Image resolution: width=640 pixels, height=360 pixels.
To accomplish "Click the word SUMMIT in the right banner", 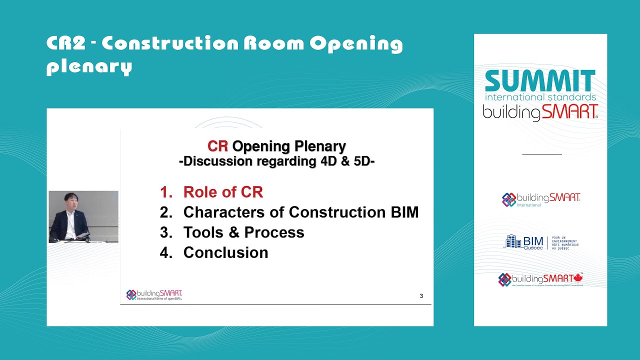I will click(x=540, y=81).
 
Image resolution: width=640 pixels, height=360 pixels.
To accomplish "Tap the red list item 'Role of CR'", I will click(x=223, y=192).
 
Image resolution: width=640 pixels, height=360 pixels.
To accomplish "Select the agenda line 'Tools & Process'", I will click(x=243, y=232).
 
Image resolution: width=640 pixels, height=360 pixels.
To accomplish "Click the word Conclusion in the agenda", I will click(x=225, y=252).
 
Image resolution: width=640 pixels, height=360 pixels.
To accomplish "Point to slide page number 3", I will click(x=421, y=296).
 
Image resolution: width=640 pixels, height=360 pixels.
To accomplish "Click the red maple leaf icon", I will click(x=578, y=278).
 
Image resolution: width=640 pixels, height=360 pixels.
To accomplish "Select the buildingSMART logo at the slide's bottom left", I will click(x=154, y=294).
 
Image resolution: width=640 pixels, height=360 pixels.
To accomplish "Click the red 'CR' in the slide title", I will click(x=217, y=146).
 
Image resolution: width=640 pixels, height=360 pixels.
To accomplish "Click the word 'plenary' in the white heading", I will click(x=89, y=66).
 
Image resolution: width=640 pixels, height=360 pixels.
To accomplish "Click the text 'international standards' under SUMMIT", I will click(x=540, y=97).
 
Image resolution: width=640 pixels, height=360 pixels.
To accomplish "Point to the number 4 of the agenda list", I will click(x=165, y=252).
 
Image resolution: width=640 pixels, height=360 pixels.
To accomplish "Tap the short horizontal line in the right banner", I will click(x=541, y=154).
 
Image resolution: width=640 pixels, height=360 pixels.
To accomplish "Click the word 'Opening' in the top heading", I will click(x=356, y=44).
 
